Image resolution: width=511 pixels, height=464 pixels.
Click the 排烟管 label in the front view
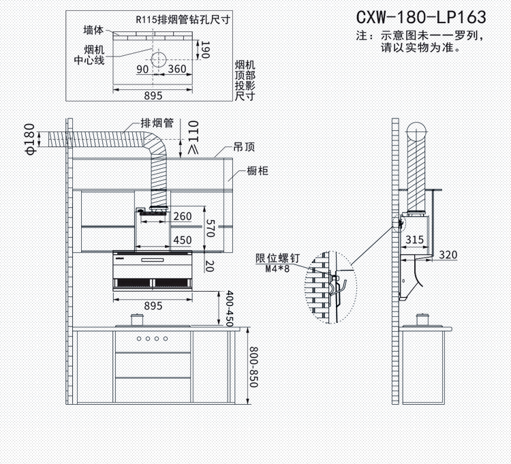tap(157, 123)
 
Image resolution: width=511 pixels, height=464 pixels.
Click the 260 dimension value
tap(182, 217)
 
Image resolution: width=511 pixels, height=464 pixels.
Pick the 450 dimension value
tap(182, 240)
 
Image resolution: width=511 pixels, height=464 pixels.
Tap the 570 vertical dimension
tap(211, 228)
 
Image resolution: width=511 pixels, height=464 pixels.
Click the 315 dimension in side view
tap(415, 240)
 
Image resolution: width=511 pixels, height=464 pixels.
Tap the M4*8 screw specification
tap(277, 269)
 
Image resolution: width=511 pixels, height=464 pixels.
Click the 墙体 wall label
tap(94, 31)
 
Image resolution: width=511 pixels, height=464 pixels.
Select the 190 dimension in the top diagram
tap(205, 49)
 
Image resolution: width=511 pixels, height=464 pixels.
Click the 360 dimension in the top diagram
tap(177, 69)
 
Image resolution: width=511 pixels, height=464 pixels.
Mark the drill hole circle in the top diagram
tap(159, 58)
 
